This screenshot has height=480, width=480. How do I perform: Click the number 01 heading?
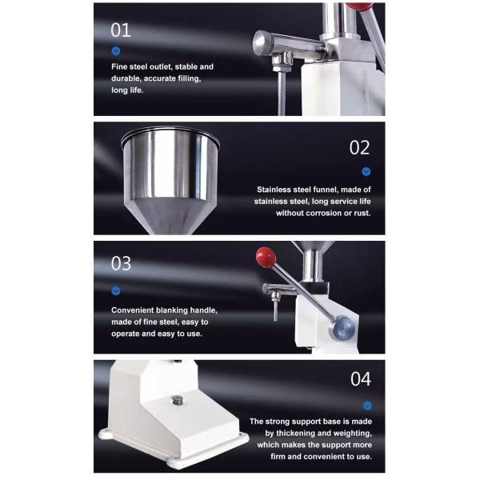(x=121, y=30)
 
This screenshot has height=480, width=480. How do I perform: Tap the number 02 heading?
(x=360, y=147)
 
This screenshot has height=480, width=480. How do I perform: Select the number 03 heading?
(x=121, y=263)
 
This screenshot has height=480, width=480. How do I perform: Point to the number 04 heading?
(x=361, y=379)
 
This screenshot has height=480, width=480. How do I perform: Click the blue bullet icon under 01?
(x=116, y=51)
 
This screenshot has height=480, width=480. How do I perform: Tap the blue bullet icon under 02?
(x=366, y=171)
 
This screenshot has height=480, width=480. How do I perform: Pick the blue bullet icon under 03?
(x=116, y=290)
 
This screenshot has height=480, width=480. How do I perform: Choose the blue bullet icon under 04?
(x=367, y=406)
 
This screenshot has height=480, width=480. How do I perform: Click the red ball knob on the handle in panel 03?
(x=266, y=257)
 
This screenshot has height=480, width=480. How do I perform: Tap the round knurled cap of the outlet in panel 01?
(x=262, y=43)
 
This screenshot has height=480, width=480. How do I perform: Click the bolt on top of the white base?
(x=178, y=400)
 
